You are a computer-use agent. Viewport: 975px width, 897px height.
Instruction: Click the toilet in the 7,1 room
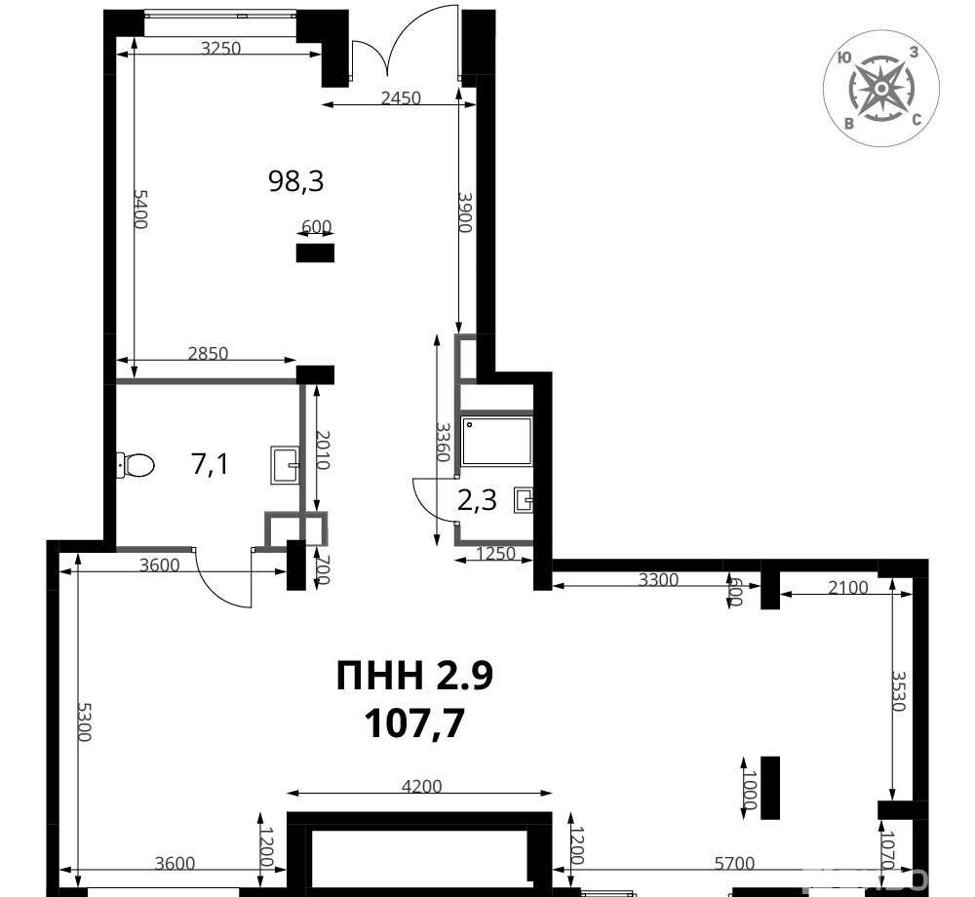(x=135, y=465)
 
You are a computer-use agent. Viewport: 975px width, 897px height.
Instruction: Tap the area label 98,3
(x=296, y=181)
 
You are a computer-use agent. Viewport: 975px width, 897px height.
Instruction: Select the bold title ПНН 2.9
(x=414, y=676)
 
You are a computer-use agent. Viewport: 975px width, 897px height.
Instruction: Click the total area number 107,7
(x=414, y=723)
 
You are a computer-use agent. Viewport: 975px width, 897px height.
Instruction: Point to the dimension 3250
(x=220, y=47)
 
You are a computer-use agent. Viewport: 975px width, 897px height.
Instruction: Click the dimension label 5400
(x=141, y=209)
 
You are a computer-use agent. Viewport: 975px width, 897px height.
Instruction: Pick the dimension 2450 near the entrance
(x=401, y=97)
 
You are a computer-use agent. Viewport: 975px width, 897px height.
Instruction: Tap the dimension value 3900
(x=465, y=212)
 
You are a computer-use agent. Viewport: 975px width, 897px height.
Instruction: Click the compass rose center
(x=881, y=89)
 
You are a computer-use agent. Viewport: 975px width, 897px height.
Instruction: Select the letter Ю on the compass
(x=843, y=58)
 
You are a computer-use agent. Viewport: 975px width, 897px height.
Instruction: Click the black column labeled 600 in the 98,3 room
(x=315, y=253)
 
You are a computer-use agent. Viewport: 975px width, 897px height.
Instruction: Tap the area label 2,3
(x=477, y=500)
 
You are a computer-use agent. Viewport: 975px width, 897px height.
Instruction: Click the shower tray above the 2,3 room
(x=497, y=442)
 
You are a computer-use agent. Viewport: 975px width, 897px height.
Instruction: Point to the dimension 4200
(x=421, y=787)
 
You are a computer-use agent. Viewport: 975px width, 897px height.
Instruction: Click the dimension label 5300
(x=84, y=721)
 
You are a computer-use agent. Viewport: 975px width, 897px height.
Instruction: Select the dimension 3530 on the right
(x=899, y=690)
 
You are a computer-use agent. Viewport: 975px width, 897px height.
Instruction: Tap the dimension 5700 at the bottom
(x=734, y=863)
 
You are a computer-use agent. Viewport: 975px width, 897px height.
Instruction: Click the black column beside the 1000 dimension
(x=770, y=788)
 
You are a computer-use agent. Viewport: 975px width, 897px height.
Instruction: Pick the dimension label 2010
(x=323, y=449)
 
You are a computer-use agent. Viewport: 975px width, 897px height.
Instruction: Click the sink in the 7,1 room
(x=284, y=465)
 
